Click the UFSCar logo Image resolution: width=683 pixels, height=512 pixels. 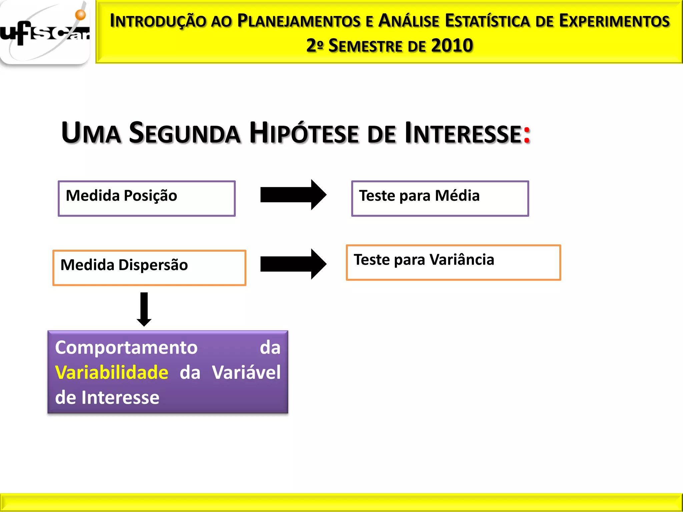(x=45, y=33)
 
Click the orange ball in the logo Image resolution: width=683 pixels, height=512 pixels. (x=80, y=15)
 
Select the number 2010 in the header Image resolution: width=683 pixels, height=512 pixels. (x=452, y=45)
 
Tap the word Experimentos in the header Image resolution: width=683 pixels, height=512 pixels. (x=614, y=21)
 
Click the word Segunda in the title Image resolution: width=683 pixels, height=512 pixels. (x=184, y=133)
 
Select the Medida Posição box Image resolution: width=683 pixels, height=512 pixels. (x=147, y=198)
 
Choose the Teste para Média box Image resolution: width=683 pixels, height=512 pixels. (x=440, y=198)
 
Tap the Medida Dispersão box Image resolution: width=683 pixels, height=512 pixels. (x=149, y=268)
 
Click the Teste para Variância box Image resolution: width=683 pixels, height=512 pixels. (x=453, y=262)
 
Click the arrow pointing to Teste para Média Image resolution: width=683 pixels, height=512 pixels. (x=293, y=195)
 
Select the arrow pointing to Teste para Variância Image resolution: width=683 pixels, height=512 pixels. (x=293, y=264)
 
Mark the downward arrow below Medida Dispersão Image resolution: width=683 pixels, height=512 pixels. (x=144, y=309)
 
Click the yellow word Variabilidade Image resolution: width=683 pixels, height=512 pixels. (x=112, y=372)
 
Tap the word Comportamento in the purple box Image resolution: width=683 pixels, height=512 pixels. (x=126, y=347)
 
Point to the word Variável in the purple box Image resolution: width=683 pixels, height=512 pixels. (x=246, y=372)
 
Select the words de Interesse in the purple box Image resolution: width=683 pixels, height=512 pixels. (x=107, y=397)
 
